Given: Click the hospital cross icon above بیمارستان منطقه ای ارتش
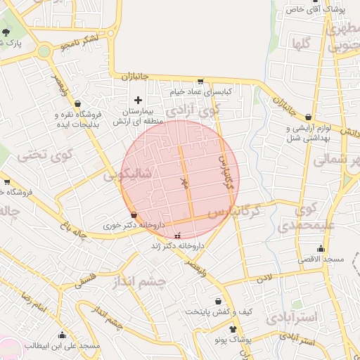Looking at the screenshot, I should pos(138,100).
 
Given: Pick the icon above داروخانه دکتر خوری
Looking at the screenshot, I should pos(134,214).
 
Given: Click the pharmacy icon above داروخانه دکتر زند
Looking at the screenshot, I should pos(176,236).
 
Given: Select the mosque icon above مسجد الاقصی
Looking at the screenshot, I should pos(321,248).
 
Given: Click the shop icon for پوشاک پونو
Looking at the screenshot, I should pos(233,328).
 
